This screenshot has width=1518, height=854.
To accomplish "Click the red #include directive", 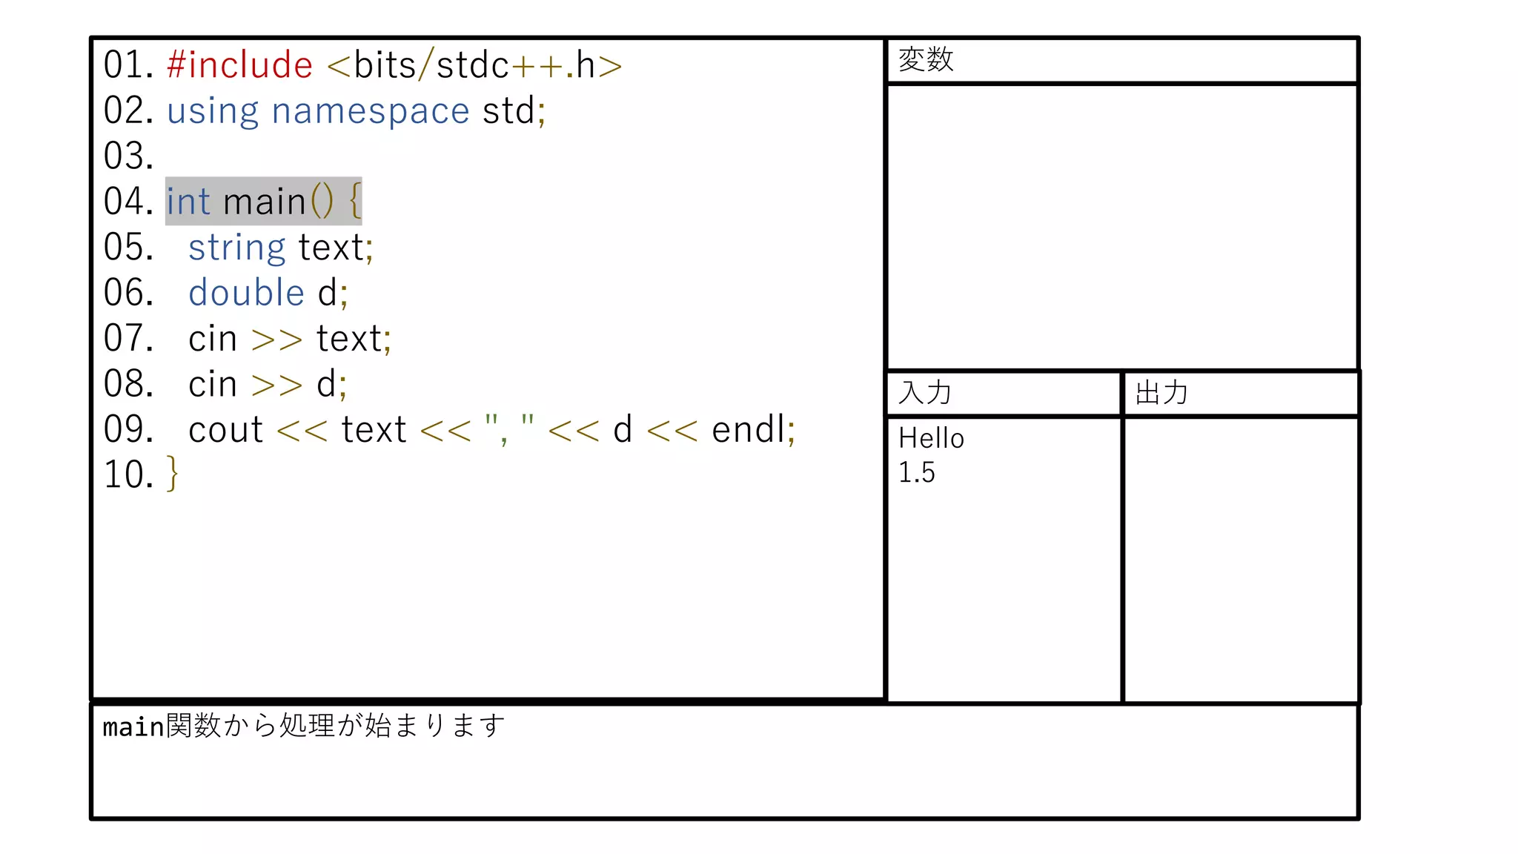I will [x=239, y=65].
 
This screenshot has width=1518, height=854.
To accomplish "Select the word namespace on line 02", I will [x=370, y=111].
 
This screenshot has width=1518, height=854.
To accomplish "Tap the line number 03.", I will [x=128, y=156].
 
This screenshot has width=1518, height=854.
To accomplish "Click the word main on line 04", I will [x=265, y=202].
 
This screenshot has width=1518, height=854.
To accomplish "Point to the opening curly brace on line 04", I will [x=355, y=201].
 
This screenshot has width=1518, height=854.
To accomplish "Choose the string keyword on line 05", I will [x=236, y=248].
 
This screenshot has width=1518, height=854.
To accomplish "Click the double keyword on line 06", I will [x=246, y=293].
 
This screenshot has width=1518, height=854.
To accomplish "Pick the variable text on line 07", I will [x=349, y=339].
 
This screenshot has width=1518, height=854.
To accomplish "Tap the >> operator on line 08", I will [x=276, y=385].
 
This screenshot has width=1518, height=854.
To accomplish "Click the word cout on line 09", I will [x=225, y=430].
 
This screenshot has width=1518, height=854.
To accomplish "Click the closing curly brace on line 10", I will [x=172, y=474].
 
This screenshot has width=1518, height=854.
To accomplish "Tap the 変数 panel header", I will [x=926, y=59].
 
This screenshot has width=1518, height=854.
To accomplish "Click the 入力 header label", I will [x=924, y=393].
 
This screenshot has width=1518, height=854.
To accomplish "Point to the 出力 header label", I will [x=1161, y=393].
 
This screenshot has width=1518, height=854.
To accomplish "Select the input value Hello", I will [x=931, y=438].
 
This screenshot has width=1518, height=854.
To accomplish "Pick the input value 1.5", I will [x=917, y=472].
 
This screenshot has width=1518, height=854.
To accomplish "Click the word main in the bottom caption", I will [x=133, y=727].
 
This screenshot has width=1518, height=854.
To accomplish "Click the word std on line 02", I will [x=508, y=111].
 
